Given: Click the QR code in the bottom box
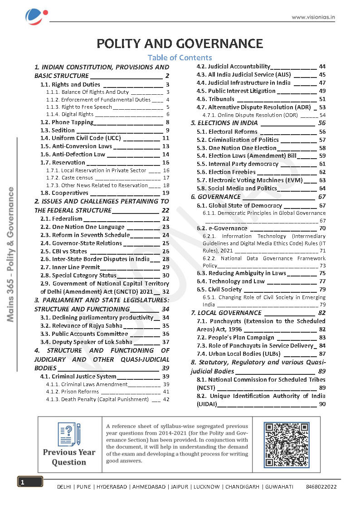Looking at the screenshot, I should coord(287,445).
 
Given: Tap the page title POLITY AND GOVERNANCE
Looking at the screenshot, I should coord(180,44).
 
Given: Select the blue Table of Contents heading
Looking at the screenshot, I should coord(180,58).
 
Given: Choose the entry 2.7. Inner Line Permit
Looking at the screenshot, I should coord(76,267).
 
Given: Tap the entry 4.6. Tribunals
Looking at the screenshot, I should coord(221,99).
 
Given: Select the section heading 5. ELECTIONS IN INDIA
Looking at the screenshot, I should coord(225,123).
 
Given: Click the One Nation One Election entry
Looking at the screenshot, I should coord(242,148).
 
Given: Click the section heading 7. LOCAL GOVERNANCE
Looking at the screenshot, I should coord(226,313).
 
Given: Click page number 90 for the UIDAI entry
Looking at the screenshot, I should coord(322,404).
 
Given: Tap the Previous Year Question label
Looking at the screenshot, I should coord(69,457).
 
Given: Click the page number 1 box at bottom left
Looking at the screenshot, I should coord(30,482).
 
